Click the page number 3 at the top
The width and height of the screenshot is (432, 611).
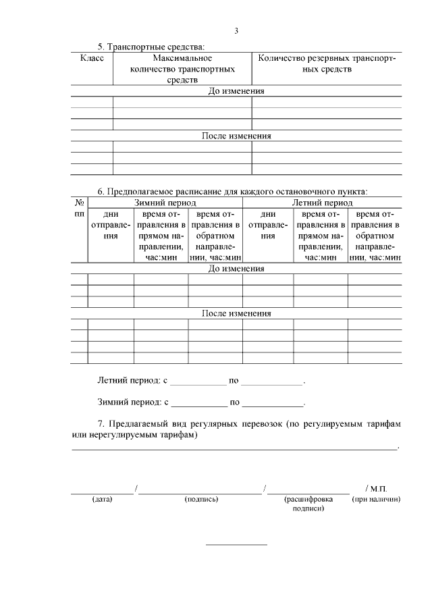pyautogui.click(x=236, y=30)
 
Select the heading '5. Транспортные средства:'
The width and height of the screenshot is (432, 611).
pyautogui.click(x=150, y=47)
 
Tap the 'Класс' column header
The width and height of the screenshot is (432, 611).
pyautogui.click(x=92, y=58)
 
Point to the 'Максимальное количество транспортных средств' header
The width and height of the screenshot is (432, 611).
pyautogui.click(x=182, y=69)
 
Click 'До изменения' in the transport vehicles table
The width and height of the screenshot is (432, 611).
pyautogui.click(x=236, y=91)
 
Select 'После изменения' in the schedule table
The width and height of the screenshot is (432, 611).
pyautogui.click(x=236, y=313)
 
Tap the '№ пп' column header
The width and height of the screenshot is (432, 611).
pyautogui.click(x=79, y=208)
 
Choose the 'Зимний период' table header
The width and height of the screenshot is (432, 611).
pyautogui.click(x=165, y=203)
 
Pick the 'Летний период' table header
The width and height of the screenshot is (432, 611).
pyautogui.click(x=322, y=203)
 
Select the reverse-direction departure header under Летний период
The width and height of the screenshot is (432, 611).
pyautogui.click(x=375, y=235)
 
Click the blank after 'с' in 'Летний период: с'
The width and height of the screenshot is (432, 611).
pyautogui.click(x=198, y=381)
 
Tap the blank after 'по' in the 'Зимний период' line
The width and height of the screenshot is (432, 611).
pyautogui.click(x=273, y=403)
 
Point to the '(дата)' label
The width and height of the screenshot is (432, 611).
pyautogui.click(x=102, y=500)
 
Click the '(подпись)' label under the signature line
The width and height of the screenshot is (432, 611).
pyautogui.click(x=200, y=500)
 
